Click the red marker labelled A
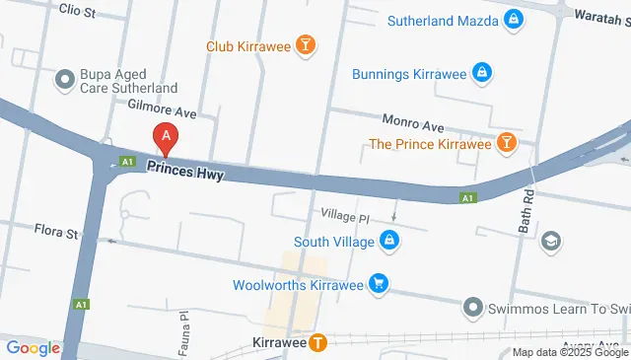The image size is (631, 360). pyautogui.click(x=167, y=139)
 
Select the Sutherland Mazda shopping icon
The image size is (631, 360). pyautogui.click(x=514, y=19)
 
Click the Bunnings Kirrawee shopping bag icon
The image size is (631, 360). pyautogui.click(x=481, y=72)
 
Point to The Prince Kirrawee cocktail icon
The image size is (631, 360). pyautogui.click(x=507, y=144)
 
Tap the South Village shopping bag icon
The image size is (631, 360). pyautogui.click(x=390, y=241)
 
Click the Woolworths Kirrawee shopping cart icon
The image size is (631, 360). pyautogui.click(x=379, y=286)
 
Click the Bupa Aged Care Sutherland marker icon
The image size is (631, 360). pyautogui.click(x=66, y=78)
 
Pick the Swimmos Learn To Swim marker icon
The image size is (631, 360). pyautogui.click(x=473, y=309)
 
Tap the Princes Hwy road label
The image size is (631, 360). pyautogui.click(x=185, y=172)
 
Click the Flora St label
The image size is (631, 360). pyautogui.click(x=58, y=235)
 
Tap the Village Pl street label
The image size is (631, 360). pyautogui.click(x=343, y=215)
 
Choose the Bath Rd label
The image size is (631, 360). pyautogui.click(x=525, y=214)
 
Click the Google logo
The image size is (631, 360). pyautogui.click(x=33, y=347)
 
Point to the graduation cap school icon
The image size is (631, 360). pyautogui.click(x=551, y=241)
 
